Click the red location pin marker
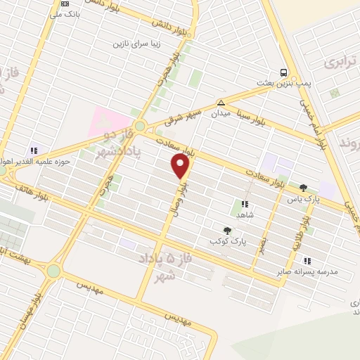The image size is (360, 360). [181, 166]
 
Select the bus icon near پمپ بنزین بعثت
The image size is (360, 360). [283, 72]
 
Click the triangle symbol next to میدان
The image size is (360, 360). [221, 102]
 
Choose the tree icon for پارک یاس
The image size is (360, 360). [303, 188]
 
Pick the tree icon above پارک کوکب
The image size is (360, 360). [226, 230]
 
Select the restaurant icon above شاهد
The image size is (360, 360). [244, 204]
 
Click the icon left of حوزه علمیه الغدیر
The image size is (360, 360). [33, 150]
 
